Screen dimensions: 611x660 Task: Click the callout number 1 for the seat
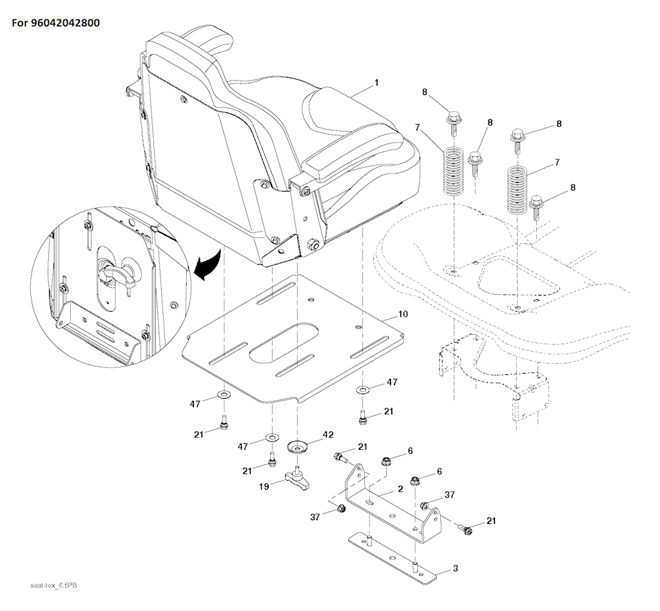pyautogui.click(x=376, y=83)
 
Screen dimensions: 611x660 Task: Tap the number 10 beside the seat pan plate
pyautogui.click(x=403, y=314)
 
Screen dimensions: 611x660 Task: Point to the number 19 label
pyautogui.click(x=264, y=487)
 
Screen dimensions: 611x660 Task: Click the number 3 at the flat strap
pyautogui.click(x=456, y=568)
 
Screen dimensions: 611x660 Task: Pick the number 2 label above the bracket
pyautogui.click(x=400, y=489)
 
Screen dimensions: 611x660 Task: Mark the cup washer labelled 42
pyautogui.click(x=298, y=446)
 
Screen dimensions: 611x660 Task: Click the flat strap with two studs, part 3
pyautogui.click(x=393, y=557)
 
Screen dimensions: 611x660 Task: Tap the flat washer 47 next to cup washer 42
pyautogui.click(x=272, y=439)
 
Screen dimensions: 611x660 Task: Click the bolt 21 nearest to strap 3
pyautogui.click(x=465, y=529)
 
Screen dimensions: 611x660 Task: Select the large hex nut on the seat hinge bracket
pyautogui.click(x=315, y=244)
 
